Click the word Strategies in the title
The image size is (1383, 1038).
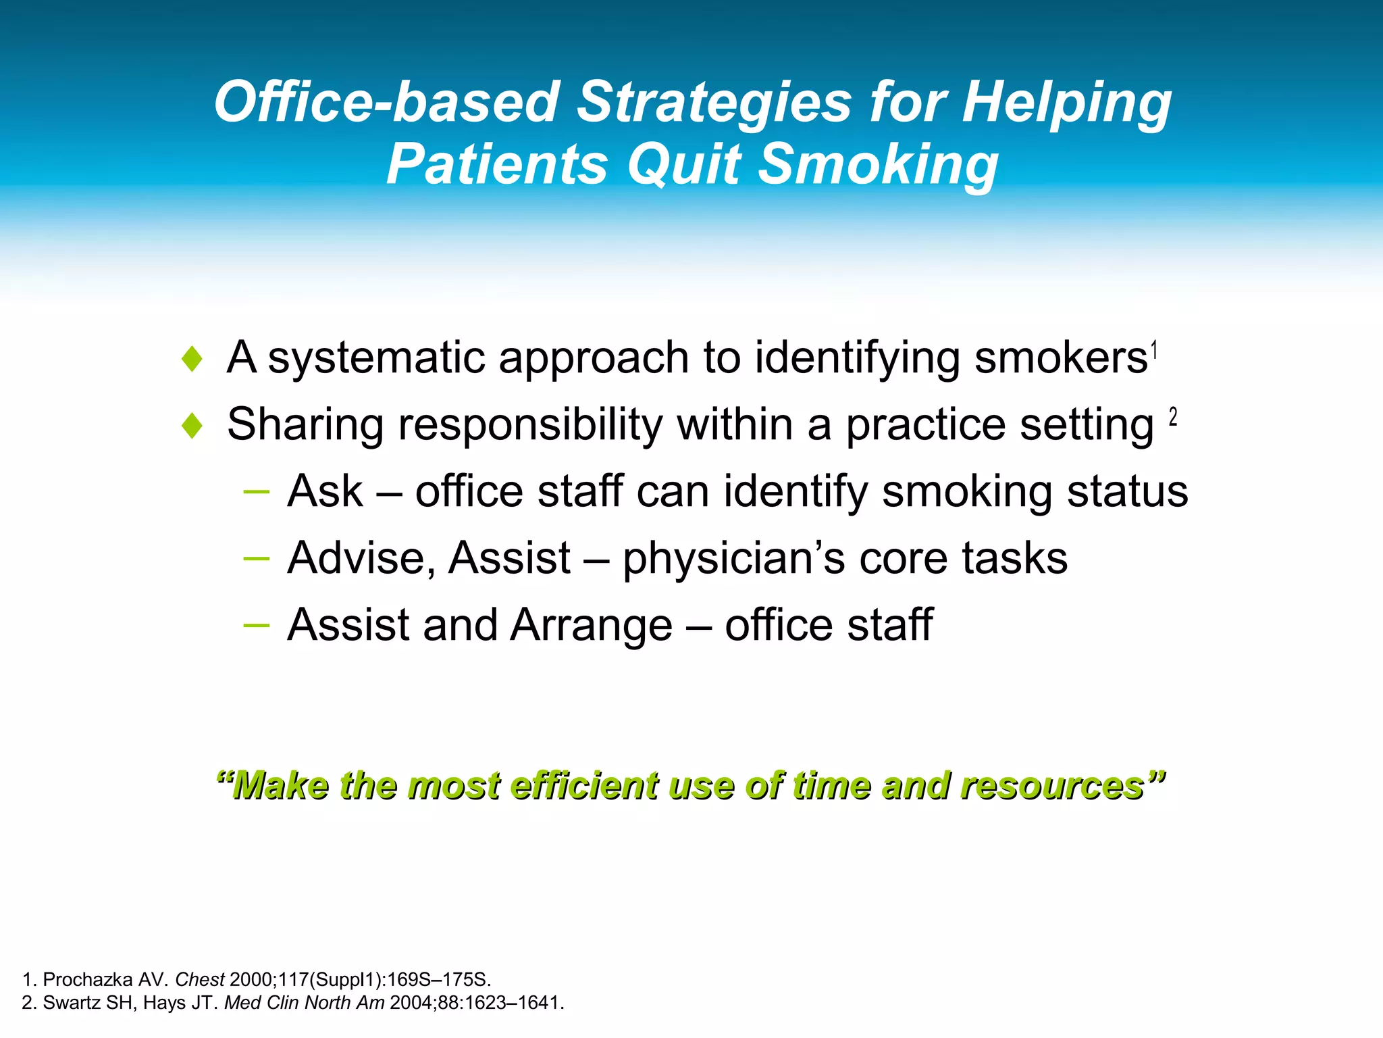pos(714,103)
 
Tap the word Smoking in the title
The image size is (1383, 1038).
pos(877,164)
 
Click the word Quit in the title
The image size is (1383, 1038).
pos(683,164)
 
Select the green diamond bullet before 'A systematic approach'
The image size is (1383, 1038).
pos(192,359)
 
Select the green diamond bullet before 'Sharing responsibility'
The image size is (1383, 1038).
pos(192,426)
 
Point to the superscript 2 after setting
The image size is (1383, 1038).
pos(1173,417)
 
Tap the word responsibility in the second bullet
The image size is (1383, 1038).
pos(530,426)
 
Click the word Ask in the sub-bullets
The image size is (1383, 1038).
pos(325,491)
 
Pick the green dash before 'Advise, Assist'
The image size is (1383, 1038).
pos(256,558)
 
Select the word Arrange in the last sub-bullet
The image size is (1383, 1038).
pos(591,625)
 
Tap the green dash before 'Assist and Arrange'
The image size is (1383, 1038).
pos(256,625)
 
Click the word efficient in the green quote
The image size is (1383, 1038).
pos(583,787)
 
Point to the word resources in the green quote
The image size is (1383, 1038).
pos(1052,787)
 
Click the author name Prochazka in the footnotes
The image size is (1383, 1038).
pos(87,979)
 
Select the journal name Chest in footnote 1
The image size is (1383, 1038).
pos(199,979)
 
